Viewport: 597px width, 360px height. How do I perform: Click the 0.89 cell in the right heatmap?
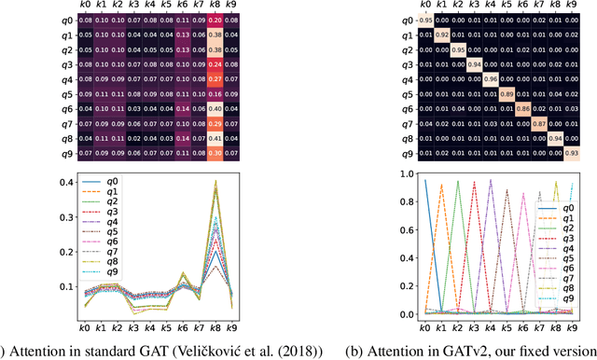507,93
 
